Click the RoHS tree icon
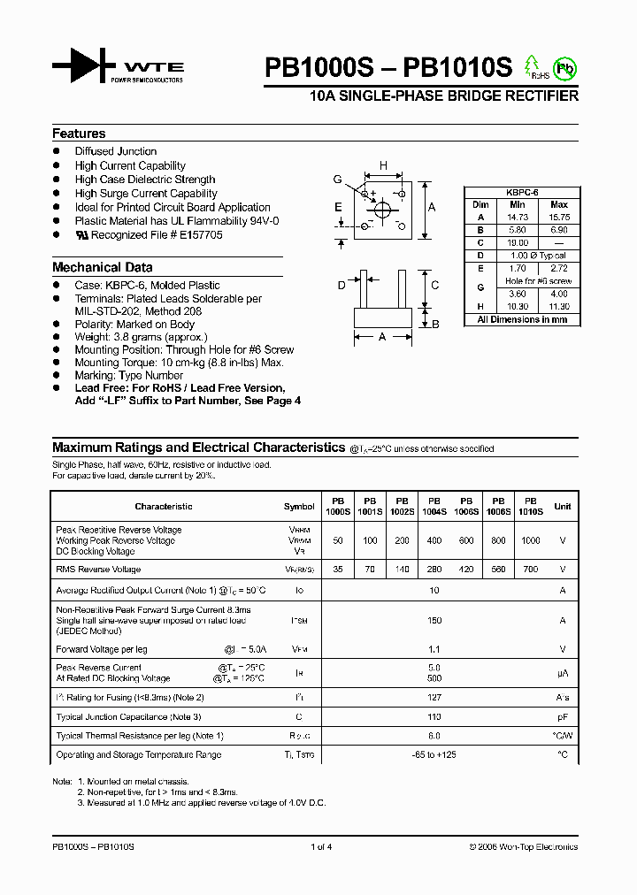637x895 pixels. pyautogui.click(x=533, y=67)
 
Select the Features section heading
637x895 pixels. pyautogui.click(x=79, y=134)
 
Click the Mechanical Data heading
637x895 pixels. pyautogui.click(x=102, y=267)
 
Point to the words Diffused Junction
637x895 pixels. pyautogui.click(x=116, y=151)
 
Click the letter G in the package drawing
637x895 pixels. pyautogui.click(x=337, y=180)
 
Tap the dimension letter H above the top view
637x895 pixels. pyautogui.click(x=383, y=165)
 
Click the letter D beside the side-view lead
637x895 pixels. pyautogui.click(x=342, y=285)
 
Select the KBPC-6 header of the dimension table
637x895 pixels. pyautogui.click(x=522, y=192)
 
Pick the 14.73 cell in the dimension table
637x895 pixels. pyautogui.click(x=517, y=217)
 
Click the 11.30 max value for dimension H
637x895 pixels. pyautogui.click(x=559, y=306)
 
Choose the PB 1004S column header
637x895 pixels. pyautogui.click(x=434, y=506)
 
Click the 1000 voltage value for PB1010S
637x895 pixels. pyautogui.click(x=530, y=540)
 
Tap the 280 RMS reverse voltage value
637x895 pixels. pyautogui.click(x=434, y=570)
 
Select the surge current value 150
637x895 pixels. pyautogui.click(x=434, y=621)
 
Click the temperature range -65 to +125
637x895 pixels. pyautogui.click(x=434, y=755)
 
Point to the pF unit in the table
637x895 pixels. pyautogui.click(x=562, y=717)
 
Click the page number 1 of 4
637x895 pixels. pyautogui.click(x=321, y=847)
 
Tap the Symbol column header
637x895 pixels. pyautogui.click(x=299, y=507)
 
